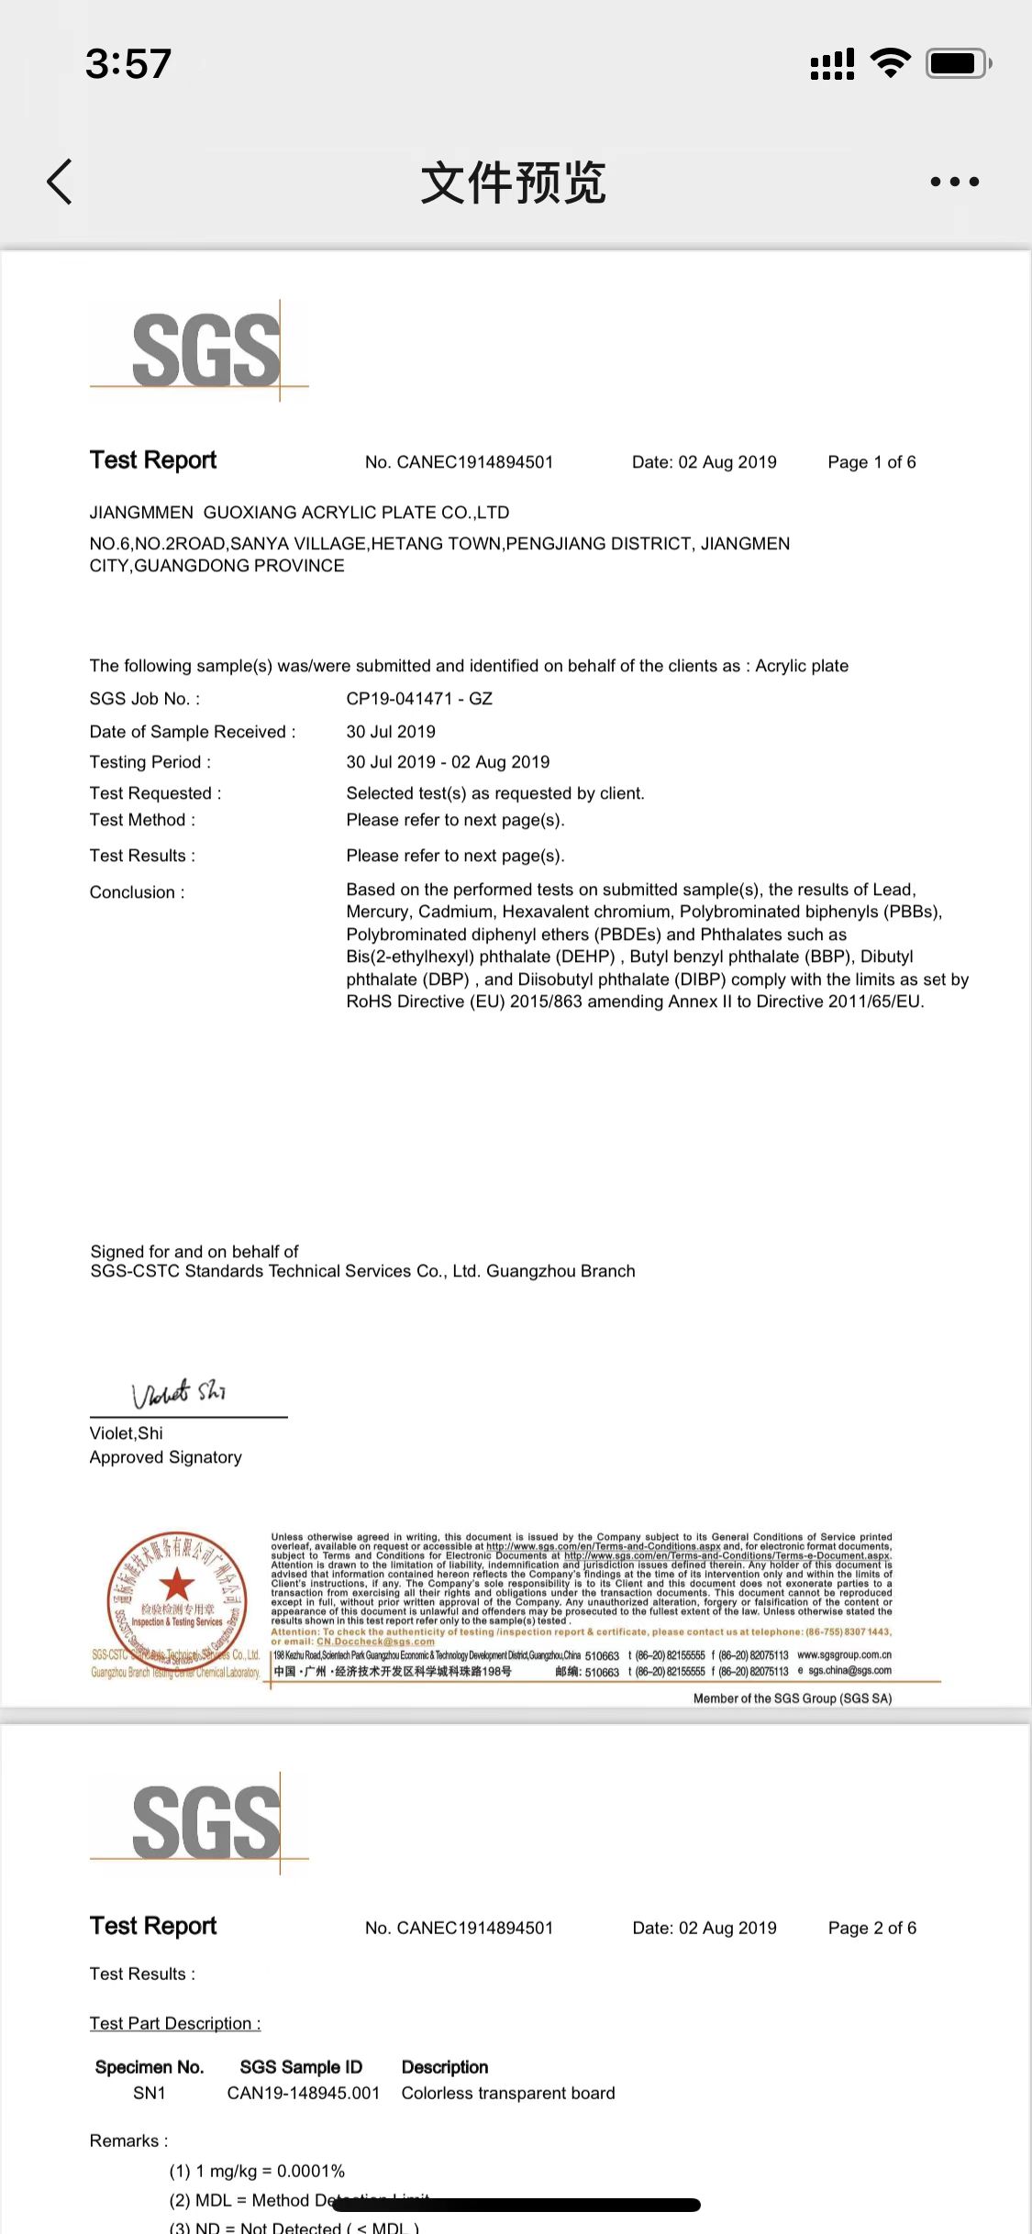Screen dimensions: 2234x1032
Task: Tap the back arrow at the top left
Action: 60,182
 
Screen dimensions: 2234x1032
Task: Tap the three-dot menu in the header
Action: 954,182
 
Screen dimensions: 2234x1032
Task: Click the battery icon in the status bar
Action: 957,63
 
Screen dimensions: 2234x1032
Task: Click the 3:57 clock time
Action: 128,63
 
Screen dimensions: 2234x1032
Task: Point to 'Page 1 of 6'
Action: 871,462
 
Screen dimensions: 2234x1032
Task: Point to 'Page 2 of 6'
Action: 871,1928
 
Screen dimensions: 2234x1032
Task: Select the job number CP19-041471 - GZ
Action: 419,699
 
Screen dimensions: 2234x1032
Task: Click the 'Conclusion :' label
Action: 137,892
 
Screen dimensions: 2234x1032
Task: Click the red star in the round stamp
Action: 177,1584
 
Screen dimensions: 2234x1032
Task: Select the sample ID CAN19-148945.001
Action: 303,2093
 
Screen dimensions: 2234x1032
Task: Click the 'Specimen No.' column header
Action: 150,2067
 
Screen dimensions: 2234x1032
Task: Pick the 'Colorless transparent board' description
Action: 508,2093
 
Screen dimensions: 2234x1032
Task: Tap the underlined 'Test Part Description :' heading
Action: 175,2023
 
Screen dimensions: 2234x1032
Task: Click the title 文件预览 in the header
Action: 514,182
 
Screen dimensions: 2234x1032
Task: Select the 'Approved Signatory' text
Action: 166,1457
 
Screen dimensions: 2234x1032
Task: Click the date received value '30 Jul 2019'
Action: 391,732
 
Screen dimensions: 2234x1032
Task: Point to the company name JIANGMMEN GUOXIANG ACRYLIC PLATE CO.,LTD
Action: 299,513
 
